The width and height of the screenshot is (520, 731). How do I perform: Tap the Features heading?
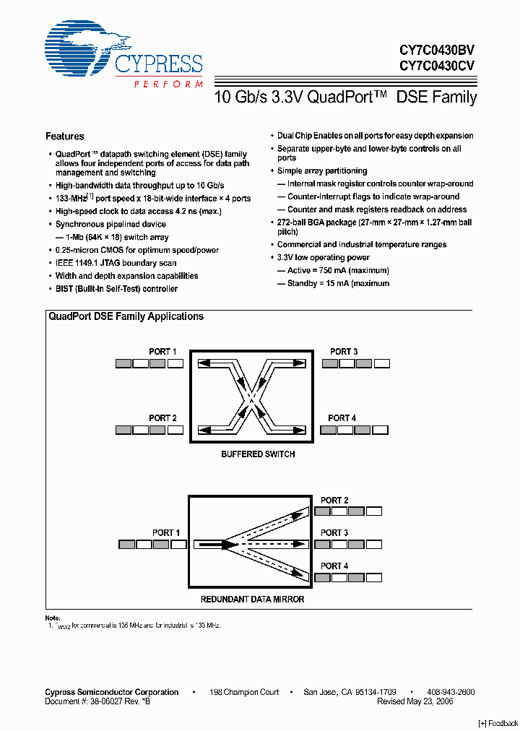click(65, 137)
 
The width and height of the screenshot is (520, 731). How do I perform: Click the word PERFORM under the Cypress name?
click(168, 85)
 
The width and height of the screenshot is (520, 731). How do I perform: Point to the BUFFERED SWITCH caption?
click(258, 454)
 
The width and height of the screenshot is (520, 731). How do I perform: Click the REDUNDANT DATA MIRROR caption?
click(252, 600)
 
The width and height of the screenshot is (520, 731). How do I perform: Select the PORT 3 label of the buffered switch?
click(344, 352)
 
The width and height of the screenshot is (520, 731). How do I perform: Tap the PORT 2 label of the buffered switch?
click(163, 418)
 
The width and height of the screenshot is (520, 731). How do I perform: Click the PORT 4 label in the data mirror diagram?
click(334, 566)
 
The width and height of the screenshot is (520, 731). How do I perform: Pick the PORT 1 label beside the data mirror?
click(166, 533)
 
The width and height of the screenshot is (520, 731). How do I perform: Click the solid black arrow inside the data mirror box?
click(213, 544)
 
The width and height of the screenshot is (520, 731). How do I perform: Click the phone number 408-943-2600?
click(450, 692)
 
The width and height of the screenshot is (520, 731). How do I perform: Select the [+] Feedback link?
click(498, 724)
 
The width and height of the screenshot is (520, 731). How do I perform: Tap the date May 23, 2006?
click(428, 701)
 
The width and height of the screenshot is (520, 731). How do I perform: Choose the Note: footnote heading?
click(53, 618)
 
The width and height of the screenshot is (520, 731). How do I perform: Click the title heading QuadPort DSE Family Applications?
click(126, 316)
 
